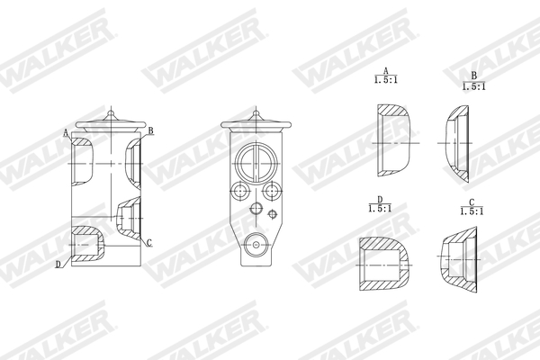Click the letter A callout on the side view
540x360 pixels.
tap(67, 132)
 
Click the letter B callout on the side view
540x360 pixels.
tap(151, 130)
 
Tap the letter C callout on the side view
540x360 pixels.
tap(148, 243)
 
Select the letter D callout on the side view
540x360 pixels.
tap(58, 264)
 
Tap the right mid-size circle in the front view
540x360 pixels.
tap(271, 191)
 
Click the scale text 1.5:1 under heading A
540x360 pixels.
tap(385, 80)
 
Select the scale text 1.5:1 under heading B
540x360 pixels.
tap(473, 86)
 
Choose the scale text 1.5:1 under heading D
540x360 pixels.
tap(380, 209)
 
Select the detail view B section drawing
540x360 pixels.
tap(455, 142)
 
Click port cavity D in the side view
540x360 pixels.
tap(87, 243)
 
